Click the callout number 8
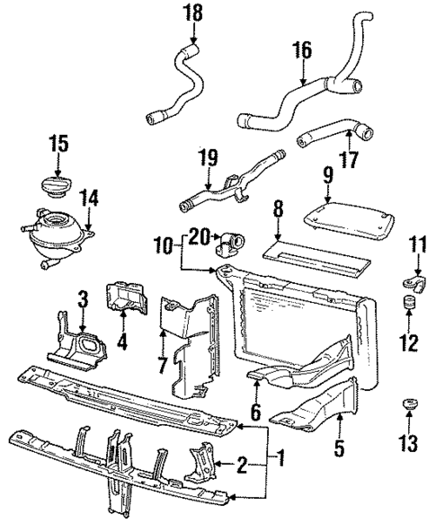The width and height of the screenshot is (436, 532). (x=278, y=210)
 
